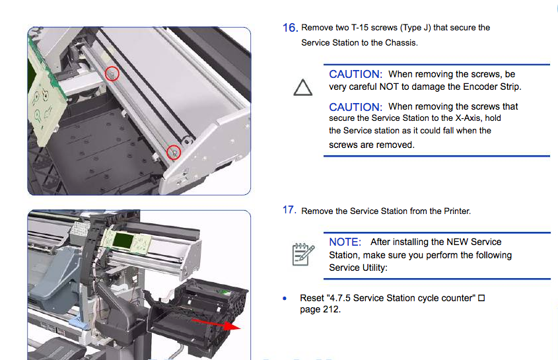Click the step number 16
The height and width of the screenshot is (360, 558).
pos(290,28)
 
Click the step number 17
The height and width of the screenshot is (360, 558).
pos(289,210)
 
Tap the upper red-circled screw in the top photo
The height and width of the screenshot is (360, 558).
pos(112,74)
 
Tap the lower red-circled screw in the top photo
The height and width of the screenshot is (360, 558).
pos(174,153)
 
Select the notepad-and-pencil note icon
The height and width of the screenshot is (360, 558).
pos(303,254)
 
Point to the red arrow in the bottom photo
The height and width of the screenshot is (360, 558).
pos(216,324)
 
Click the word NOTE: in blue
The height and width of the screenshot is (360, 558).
pos(345,242)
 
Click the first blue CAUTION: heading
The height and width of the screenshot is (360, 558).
pos(355,74)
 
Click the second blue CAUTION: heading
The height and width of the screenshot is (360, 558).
pos(355,107)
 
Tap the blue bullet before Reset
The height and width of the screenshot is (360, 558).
pos(285,299)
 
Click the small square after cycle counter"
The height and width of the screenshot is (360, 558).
pos(481,298)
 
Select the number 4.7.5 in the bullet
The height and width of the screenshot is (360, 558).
pos(341,298)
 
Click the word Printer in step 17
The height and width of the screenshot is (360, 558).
pos(457,211)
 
